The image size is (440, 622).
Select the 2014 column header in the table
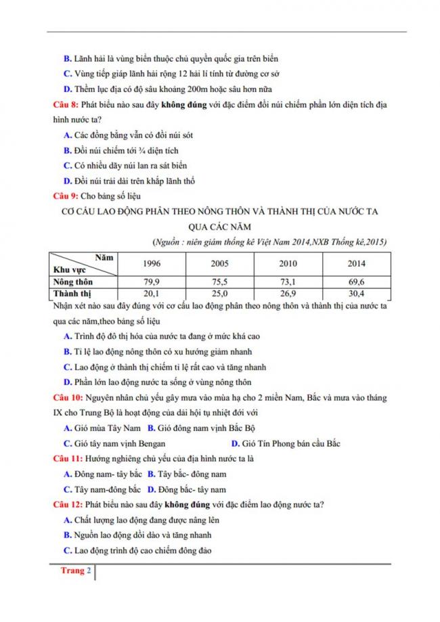356,263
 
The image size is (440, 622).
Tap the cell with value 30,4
356,293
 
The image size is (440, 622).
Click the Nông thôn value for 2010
288,282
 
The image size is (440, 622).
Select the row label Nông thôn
74,282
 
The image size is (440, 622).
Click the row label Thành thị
72,293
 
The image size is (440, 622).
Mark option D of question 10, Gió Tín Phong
285,443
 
